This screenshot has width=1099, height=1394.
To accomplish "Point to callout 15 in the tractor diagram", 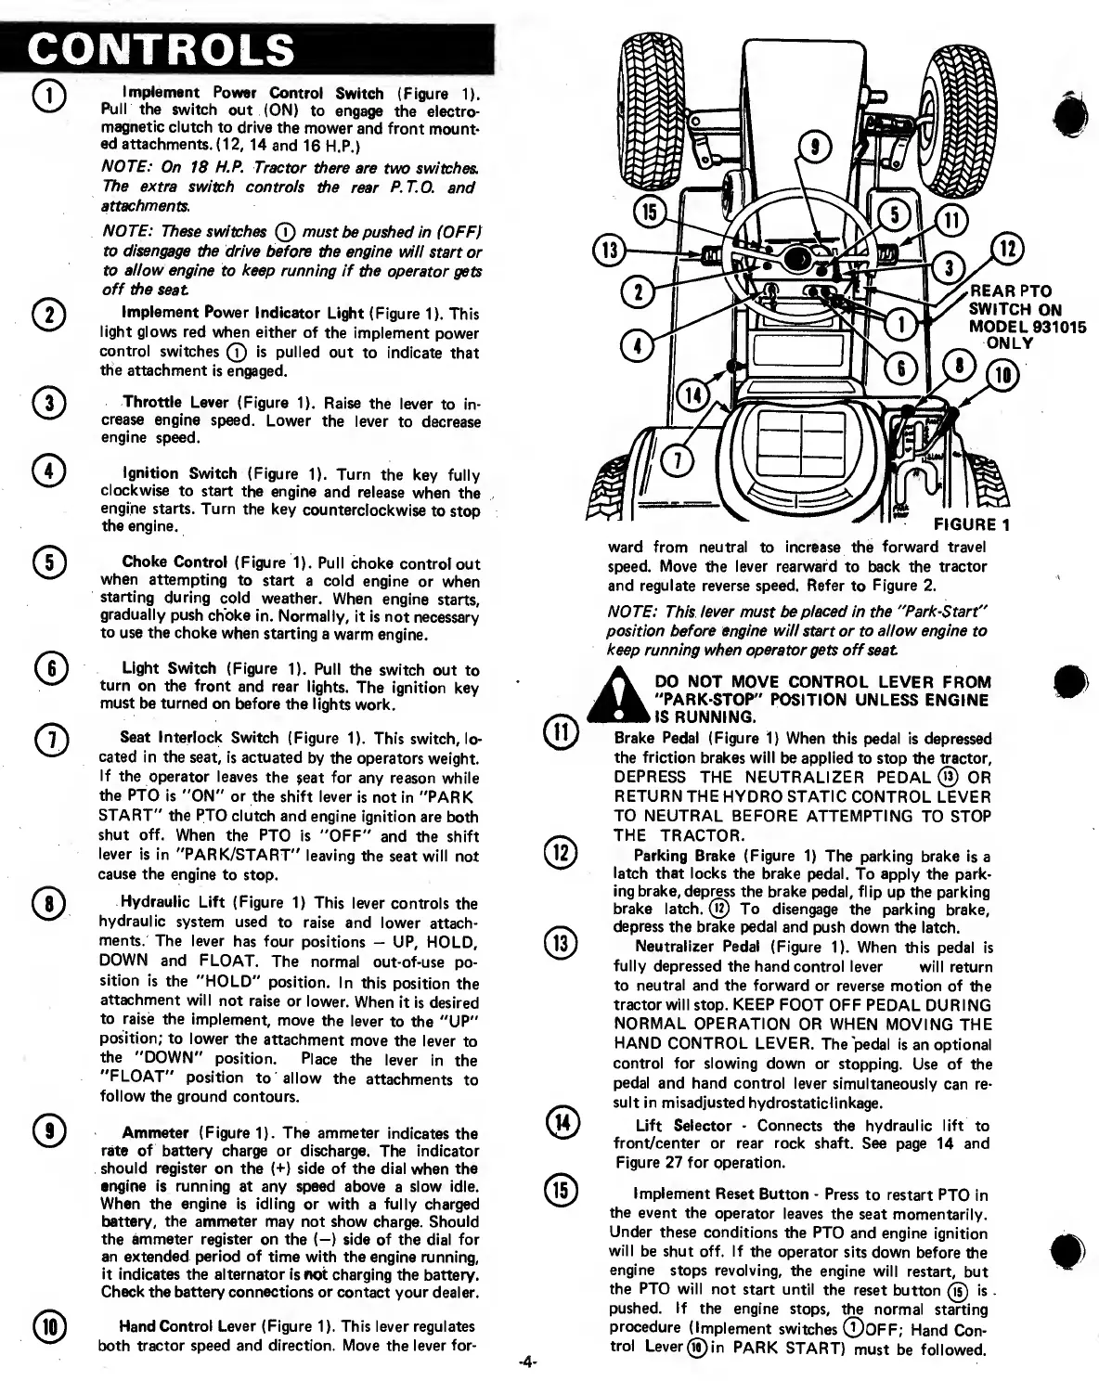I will click(x=650, y=213).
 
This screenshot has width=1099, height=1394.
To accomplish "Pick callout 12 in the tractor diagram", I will click(x=1008, y=249).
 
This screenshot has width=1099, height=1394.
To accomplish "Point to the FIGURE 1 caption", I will click(x=971, y=525).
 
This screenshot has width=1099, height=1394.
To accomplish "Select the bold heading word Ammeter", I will click(x=155, y=1133).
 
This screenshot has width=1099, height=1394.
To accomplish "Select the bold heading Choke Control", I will click(x=175, y=562).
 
